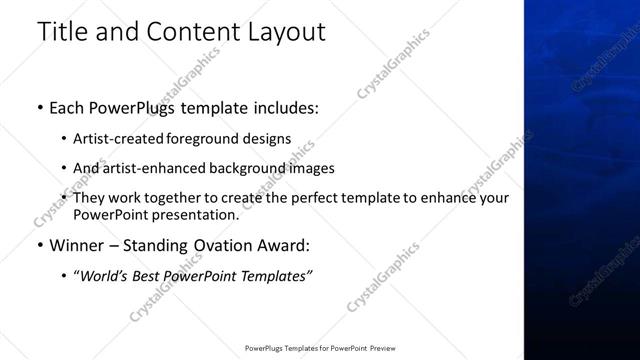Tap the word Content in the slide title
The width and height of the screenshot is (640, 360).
[190, 32]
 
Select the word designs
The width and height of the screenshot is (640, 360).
[268, 139]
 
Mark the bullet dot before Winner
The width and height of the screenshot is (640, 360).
[39, 245]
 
